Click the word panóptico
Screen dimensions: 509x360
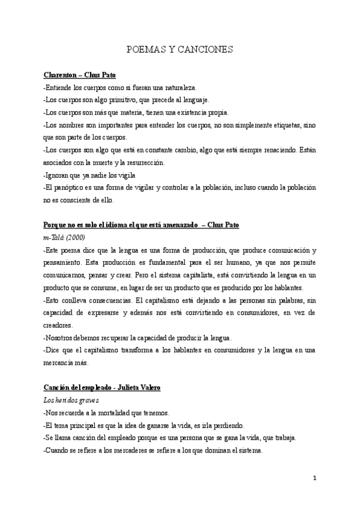[x=69, y=188]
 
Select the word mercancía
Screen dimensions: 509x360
[x=62, y=363]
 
